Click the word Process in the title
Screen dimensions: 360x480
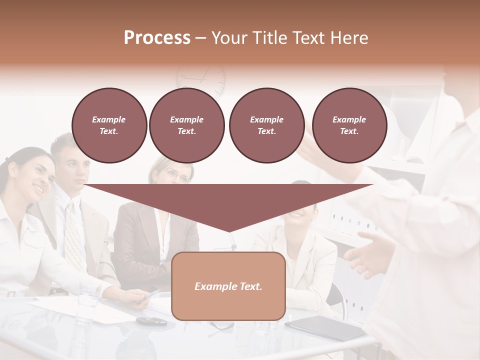[157, 38]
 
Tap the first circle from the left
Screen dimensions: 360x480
[109, 125]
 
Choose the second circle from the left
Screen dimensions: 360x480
[186, 125]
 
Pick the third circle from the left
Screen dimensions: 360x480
[266, 125]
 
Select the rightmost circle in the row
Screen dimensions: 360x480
[349, 125]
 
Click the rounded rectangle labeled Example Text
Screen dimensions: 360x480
[228, 286]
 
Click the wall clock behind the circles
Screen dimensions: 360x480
[201, 79]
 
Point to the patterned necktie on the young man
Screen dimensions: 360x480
[74, 235]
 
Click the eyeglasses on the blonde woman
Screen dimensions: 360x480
[177, 175]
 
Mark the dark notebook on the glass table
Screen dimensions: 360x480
[325, 327]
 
